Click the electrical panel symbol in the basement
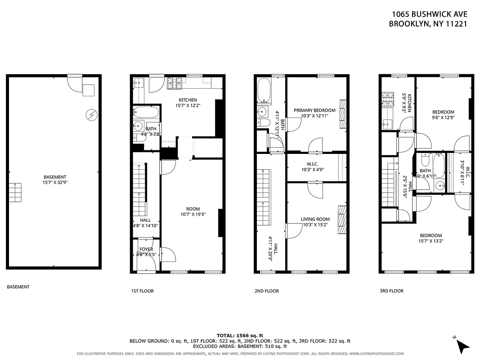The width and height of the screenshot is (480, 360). tap(91, 115)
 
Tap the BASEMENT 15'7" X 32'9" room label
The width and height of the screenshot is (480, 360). tap(54, 180)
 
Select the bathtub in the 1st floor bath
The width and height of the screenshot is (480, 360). tap(146, 112)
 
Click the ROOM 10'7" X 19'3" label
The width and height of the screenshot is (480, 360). tap(193, 211)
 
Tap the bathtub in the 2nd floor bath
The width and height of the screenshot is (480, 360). tap(264, 92)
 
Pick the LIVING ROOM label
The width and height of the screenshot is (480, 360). tap(315, 222)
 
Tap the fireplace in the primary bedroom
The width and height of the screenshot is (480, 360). tap(343, 114)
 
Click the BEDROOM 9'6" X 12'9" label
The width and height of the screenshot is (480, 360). tap(443, 115)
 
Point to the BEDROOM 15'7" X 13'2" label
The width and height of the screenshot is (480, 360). tap(431, 238)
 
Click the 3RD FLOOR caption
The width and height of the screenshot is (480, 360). tap(391, 291)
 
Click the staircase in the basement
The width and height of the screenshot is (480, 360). tap(15, 193)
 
